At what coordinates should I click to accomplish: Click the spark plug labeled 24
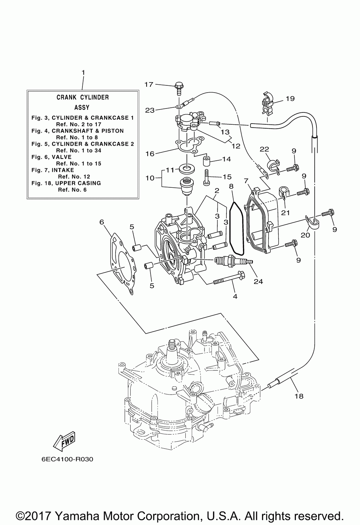click(234, 260)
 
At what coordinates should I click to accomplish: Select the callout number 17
click(148, 84)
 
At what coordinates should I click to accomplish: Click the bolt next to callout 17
click(179, 89)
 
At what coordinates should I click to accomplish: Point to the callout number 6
click(102, 222)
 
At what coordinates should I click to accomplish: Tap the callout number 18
click(299, 396)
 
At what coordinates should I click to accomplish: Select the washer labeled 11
click(187, 168)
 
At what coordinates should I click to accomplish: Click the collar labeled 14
click(206, 160)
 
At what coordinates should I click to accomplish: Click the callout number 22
click(265, 149)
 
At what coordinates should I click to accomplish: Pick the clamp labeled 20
click(312, 222)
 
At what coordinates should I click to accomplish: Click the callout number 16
click(150, 154)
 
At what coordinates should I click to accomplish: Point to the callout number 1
click(83, 73)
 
